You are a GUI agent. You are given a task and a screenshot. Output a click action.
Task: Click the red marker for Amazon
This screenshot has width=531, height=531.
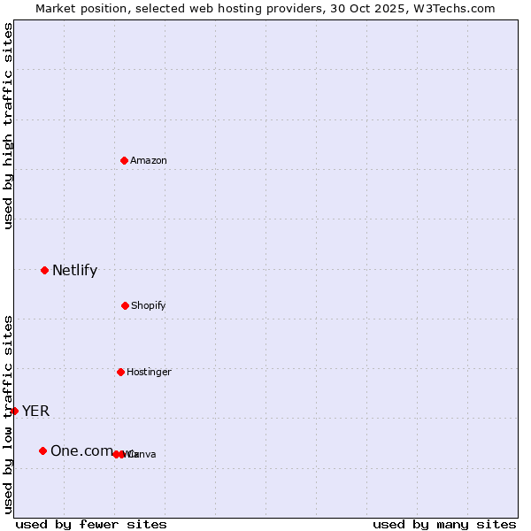125,160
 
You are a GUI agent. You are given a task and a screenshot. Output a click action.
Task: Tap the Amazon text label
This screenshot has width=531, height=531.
149,161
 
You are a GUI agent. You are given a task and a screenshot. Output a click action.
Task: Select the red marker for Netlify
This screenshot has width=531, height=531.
44,270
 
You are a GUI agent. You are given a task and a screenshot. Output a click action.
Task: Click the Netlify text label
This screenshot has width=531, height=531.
74,271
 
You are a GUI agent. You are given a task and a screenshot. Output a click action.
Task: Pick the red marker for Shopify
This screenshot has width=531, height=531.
125,305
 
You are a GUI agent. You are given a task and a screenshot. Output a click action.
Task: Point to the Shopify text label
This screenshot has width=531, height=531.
149,306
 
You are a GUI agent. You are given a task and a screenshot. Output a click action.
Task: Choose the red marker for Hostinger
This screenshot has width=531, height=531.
120,372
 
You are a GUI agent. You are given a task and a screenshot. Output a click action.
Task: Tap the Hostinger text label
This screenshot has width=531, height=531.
149,373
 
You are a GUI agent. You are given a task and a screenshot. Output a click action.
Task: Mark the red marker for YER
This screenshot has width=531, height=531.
14,411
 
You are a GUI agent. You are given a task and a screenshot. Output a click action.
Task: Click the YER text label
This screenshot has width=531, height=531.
36,412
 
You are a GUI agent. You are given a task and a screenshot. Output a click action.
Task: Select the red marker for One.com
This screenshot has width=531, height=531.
42,450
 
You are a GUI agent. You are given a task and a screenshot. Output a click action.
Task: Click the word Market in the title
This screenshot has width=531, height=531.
56,8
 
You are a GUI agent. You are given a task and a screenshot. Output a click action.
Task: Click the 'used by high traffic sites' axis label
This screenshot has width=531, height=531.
9,127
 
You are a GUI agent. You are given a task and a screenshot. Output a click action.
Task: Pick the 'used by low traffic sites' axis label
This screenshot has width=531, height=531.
9,414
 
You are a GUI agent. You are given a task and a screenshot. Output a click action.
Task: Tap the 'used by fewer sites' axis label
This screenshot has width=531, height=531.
91,525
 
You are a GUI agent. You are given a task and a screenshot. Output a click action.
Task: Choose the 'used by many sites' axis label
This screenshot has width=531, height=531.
444,525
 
